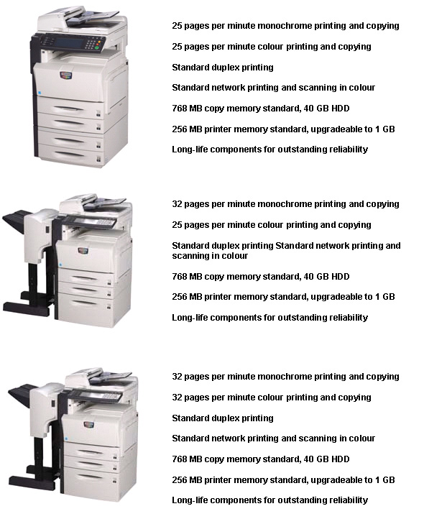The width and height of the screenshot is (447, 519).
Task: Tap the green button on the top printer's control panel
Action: point(97,47)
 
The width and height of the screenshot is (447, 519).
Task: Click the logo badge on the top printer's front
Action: point(66,75)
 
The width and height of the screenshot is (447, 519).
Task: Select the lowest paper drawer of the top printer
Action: point(70,155)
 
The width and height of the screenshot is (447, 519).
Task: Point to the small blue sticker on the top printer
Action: point(40,93)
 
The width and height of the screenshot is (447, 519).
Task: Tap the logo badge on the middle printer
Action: point(83,251)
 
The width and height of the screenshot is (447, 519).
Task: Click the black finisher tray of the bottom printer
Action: point(23,395)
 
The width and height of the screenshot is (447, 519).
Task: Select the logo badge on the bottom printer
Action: point(89,425)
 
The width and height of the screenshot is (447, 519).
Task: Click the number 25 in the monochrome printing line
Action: point(177,26)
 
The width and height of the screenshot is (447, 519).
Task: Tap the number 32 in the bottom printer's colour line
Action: point(177,398)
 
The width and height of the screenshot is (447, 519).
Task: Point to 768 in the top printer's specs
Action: point(180,109)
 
